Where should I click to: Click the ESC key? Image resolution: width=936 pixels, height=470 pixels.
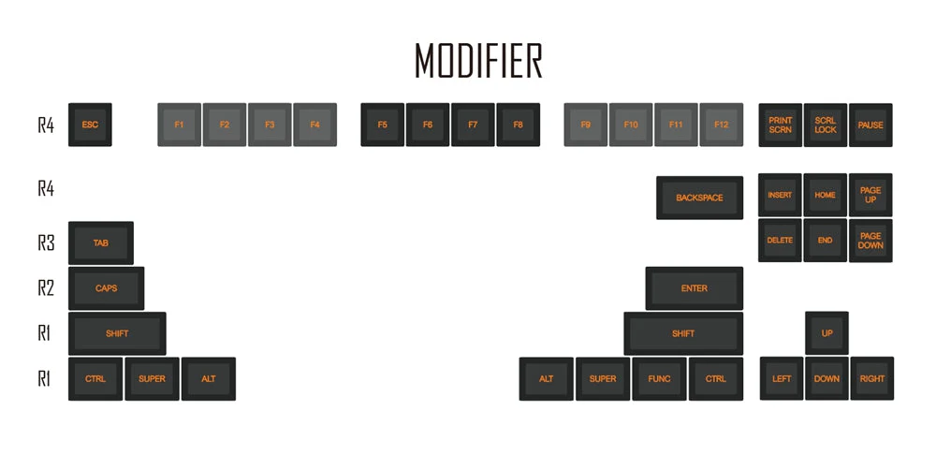point(90,125)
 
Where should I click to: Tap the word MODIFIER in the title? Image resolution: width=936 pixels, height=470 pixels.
point(478,60)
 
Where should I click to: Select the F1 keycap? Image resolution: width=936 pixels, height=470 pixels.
point(179,125)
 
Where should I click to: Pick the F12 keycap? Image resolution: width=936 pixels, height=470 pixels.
point(721,125)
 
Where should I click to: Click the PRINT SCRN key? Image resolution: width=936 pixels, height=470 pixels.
point(781,125)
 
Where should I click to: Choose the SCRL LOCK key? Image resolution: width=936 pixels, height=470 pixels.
point(826,125)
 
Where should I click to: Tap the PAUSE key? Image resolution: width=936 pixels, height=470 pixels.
point(870,125)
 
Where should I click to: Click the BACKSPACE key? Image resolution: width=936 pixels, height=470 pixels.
point(699,198)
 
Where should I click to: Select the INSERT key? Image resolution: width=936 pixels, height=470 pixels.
point(781,196)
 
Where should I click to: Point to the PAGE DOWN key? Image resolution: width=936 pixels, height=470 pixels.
point(870,241)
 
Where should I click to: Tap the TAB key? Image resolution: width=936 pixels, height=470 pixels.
point(101,243)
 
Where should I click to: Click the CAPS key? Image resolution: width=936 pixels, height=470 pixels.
point(107,288)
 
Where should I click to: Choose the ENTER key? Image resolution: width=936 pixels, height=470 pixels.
point(695,288)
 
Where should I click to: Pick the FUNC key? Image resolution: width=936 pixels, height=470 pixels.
point(659,378)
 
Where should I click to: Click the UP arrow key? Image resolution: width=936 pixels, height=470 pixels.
point(826,333)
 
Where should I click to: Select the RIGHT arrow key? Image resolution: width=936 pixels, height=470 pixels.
point(872,378)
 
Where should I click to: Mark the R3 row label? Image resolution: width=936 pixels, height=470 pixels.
point(46,243)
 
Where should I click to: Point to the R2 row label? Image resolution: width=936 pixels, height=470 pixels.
point(46,288)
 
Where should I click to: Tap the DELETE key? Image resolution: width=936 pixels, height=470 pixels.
point(781,241)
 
